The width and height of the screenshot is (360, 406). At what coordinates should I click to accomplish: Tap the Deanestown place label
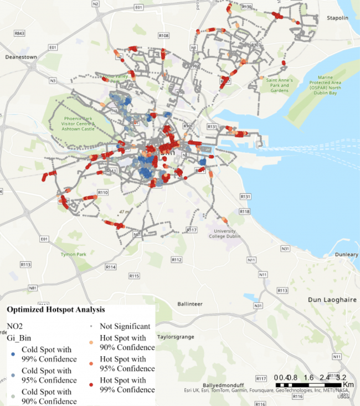coord(20,57)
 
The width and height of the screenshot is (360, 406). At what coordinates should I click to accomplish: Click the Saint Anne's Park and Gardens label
coord(278,86)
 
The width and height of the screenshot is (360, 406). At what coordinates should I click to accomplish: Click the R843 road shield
coord(19,34)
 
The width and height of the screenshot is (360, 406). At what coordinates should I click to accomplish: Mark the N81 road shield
coord(33,288)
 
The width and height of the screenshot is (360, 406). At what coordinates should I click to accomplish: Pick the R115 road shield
coord(133,275)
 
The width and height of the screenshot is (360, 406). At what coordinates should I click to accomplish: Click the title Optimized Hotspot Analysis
coord(55,310)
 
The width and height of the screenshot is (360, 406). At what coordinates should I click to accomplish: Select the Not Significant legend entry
coord(125,326)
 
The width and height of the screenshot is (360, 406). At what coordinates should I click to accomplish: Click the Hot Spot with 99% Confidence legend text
coord(127,385)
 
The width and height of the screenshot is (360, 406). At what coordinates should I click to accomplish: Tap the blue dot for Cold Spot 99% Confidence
coord(13,350)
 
